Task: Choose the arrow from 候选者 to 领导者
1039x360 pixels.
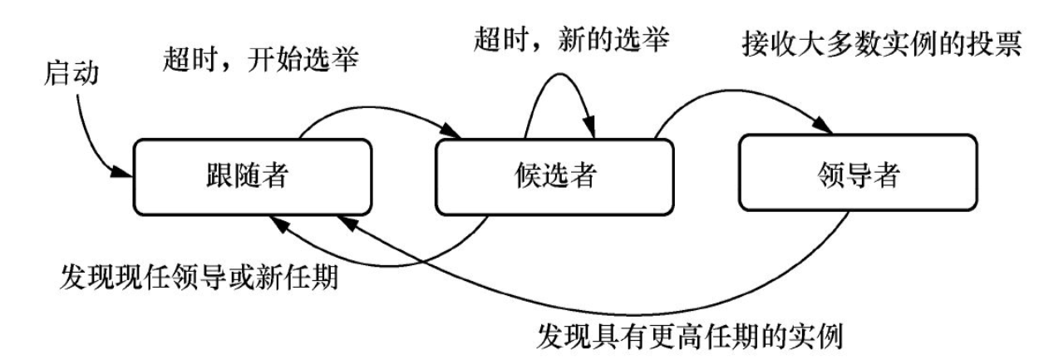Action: [740, 98]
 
